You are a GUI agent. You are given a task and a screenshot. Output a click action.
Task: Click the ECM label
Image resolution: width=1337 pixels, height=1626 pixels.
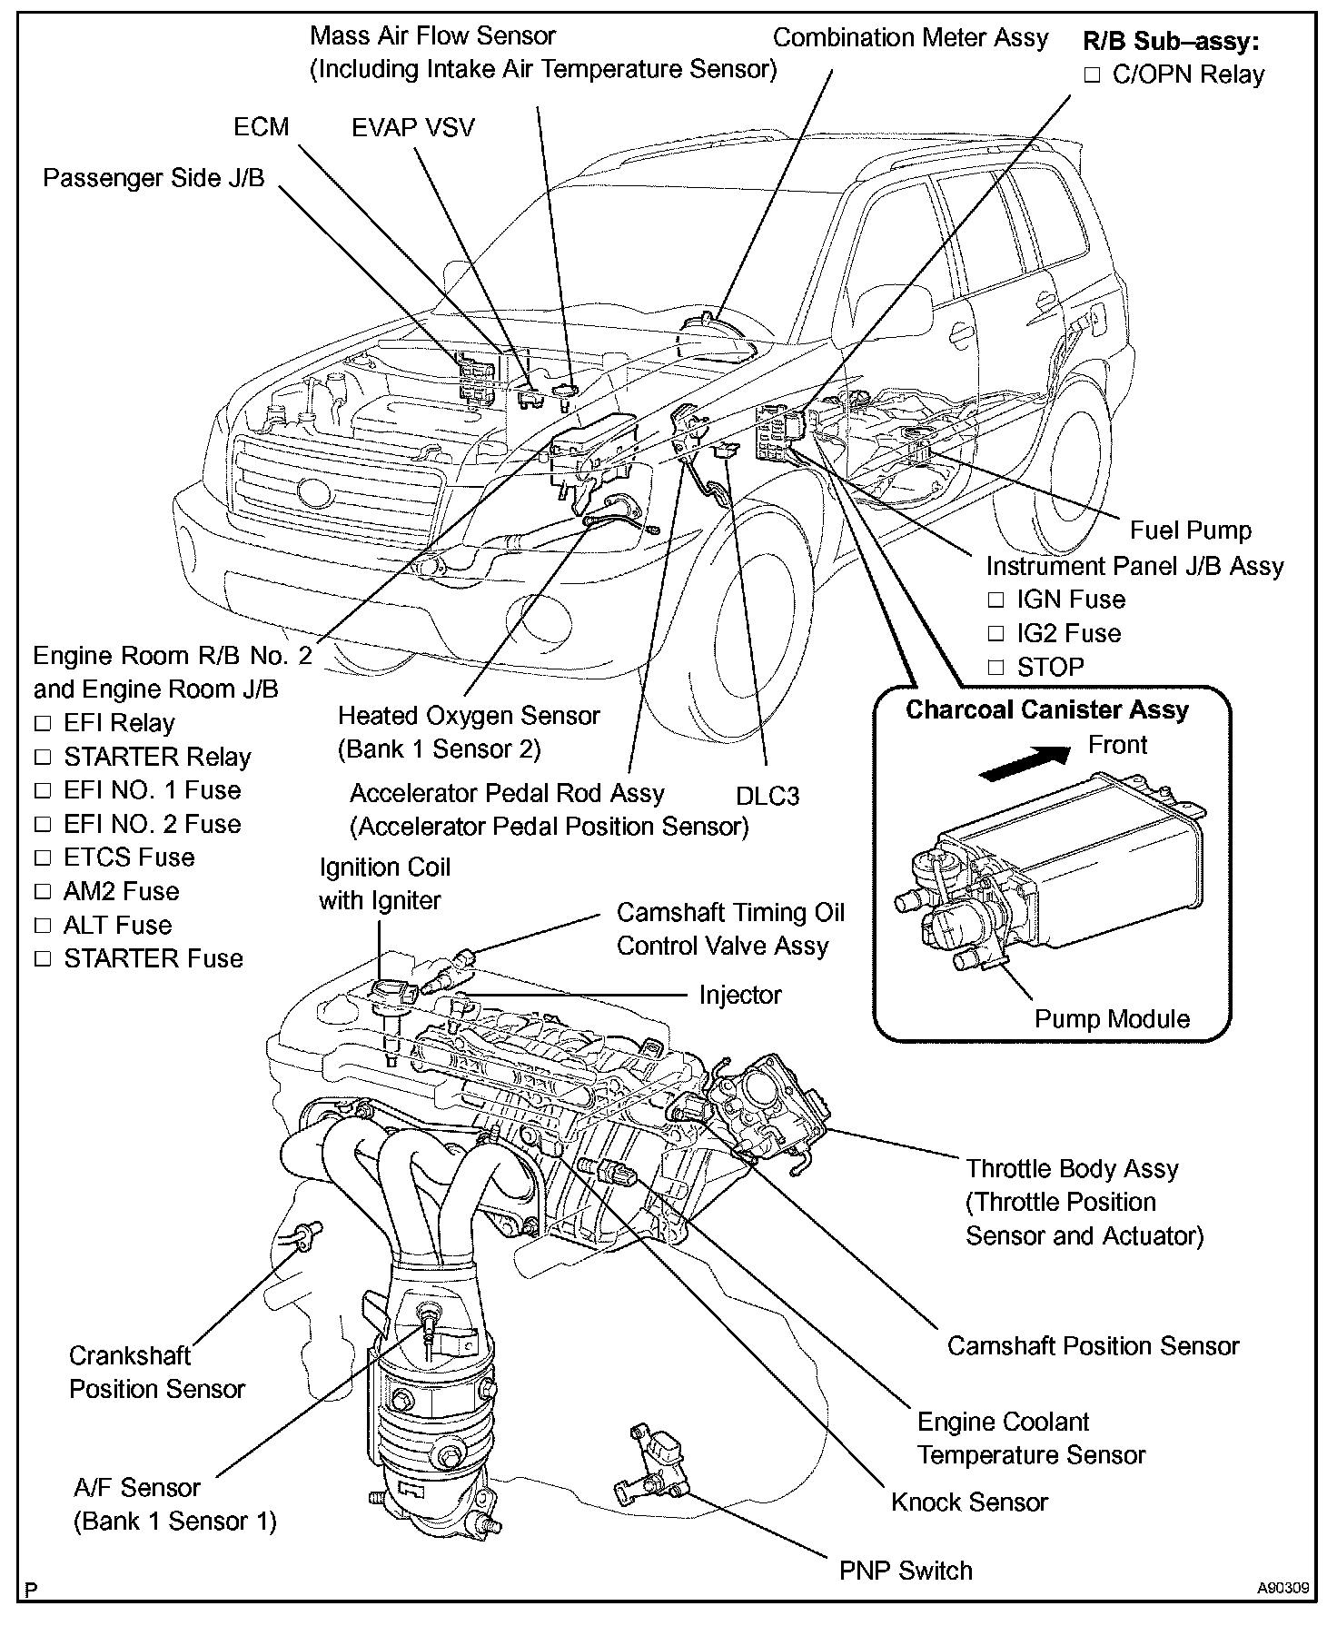point(261,126)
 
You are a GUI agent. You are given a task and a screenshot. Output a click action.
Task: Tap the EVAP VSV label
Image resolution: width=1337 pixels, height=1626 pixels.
point(413,127)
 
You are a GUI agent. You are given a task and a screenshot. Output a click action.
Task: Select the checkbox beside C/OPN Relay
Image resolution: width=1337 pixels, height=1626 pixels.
point(1092,75)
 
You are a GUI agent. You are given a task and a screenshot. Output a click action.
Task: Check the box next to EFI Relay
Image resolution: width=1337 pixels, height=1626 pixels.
point(43,724)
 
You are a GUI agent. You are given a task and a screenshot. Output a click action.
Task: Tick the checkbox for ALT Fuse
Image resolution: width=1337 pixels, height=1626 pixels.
point(43,926)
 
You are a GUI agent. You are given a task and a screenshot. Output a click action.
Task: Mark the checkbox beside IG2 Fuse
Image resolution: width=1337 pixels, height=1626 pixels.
point(996,634)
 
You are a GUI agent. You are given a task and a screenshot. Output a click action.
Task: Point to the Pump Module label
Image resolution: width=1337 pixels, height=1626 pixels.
point(1112,1018)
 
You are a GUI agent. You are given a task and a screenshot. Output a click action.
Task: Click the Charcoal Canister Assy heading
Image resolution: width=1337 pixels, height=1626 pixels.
point(1047,709)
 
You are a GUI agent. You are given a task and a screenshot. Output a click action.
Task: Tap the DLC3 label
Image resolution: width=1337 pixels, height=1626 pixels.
point(768,796)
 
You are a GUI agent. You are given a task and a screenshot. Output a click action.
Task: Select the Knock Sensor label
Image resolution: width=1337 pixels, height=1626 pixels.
point(969,1502)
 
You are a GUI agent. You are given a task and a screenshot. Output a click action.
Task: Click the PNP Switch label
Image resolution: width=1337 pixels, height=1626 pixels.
point(906,1570)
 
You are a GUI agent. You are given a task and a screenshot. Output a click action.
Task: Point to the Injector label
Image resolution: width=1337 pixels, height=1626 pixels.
point(739,995)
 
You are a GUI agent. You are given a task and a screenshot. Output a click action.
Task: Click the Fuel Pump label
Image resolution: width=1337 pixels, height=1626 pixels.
point(1190,530)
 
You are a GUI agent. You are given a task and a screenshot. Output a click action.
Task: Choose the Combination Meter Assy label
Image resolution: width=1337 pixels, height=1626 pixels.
point(910,38)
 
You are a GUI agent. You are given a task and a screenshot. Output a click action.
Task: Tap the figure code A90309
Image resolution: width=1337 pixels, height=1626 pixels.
point(1283,1589)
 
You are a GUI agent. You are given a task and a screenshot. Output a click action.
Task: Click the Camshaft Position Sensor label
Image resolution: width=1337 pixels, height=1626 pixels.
point(1093,1345)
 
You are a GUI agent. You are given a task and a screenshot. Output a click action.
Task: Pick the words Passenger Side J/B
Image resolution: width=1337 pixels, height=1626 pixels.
point(154,177)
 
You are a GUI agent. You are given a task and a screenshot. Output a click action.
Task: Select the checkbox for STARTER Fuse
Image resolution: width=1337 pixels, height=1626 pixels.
point(43,959)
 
